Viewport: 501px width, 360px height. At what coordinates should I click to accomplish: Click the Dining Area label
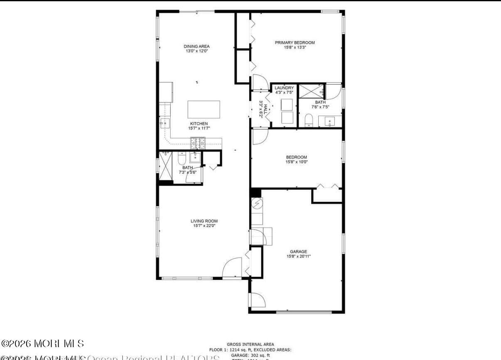pos(196,46)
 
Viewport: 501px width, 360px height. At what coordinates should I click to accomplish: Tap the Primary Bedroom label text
pos(295,42)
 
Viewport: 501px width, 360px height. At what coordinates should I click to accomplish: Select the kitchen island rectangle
pos(203,110)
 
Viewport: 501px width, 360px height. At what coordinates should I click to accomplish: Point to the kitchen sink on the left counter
pos(165,123)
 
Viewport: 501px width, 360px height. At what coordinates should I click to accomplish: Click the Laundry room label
pos(284,88)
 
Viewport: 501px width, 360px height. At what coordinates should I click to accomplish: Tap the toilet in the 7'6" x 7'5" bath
pos(309,120)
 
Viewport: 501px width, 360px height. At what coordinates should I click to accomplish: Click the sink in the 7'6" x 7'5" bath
pos(330,122)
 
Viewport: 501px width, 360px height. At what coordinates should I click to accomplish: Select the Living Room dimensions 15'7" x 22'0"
pos(204,226)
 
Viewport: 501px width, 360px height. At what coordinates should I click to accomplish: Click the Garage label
pos(298,251)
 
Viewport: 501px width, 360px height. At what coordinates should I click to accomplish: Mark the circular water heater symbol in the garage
pos(257,203)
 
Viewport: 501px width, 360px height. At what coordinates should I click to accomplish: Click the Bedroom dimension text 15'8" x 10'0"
pos(297,162)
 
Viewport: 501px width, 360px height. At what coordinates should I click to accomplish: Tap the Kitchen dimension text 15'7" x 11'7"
pos(199,128)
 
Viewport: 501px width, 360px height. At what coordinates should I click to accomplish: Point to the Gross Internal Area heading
pos(250,344)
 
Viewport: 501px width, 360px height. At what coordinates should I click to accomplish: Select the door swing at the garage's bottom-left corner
pos(256,300)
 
